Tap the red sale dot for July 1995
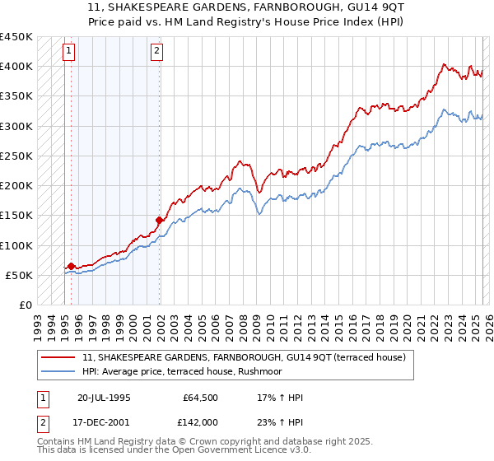pyautogui.click(x=71, y=266)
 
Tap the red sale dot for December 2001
pyautogui.click(x=159, y=220)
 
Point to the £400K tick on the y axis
pyautogui.click(x=16, y=66)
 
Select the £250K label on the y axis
pyautogui.click(x=16, y=156)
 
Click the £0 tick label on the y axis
pyautogui.click(x=25, y=305)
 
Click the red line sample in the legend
pyautogui.click(x=58, y=358)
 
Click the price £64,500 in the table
pyautogui.click(x=199, y=398)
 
